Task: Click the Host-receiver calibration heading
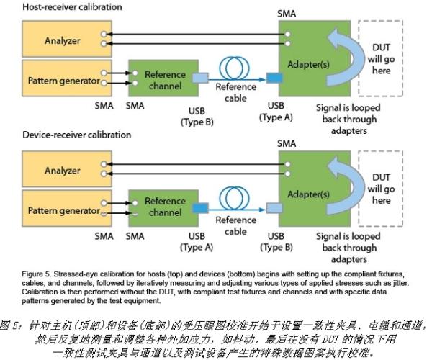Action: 61,7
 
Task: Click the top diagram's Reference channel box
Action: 164,81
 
